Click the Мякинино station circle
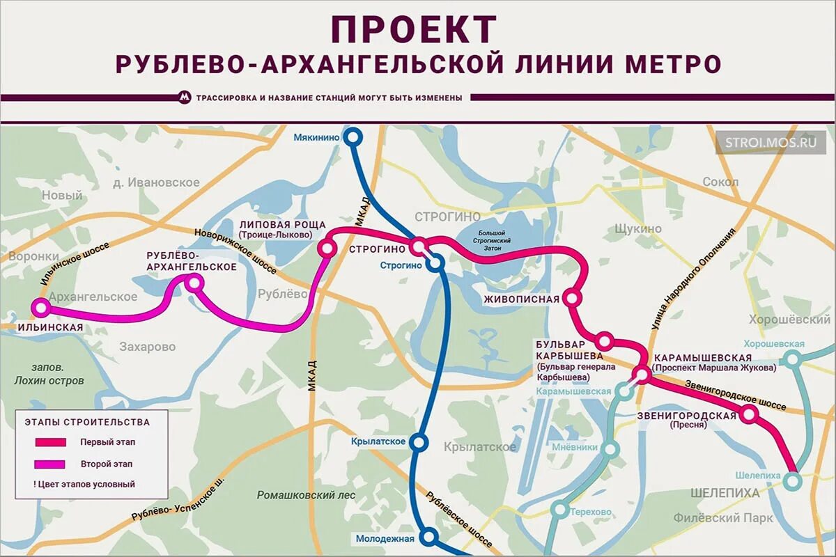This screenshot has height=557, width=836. tap(353, 137)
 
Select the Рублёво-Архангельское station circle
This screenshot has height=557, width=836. tap(194, 282)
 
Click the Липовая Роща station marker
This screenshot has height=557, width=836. tap(327, 247)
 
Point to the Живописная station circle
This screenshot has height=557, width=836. tap(572, 298)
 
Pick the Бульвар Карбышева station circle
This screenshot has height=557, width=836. tap(604, 341)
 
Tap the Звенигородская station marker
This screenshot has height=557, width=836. tap(749, 414)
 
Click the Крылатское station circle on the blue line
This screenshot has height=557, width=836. tap(419, 441)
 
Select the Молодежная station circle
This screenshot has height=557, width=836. tap(430, 537)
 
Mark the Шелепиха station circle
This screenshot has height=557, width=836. tap(791, 480)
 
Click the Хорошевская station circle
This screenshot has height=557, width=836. tap(792, 359)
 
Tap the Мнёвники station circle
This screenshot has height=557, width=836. tap(611, 449)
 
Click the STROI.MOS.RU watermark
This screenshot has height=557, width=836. tap(770, 143)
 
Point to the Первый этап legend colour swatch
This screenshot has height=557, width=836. tap(51, 442)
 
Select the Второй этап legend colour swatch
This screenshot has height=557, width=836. tap(51, 464)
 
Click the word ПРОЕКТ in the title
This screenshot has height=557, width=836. tap(414, 30)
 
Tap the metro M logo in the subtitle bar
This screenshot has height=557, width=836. tap(185, 98)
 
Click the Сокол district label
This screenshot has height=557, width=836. tap(720, 182)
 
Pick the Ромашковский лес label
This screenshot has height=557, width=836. tap(306, 495)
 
